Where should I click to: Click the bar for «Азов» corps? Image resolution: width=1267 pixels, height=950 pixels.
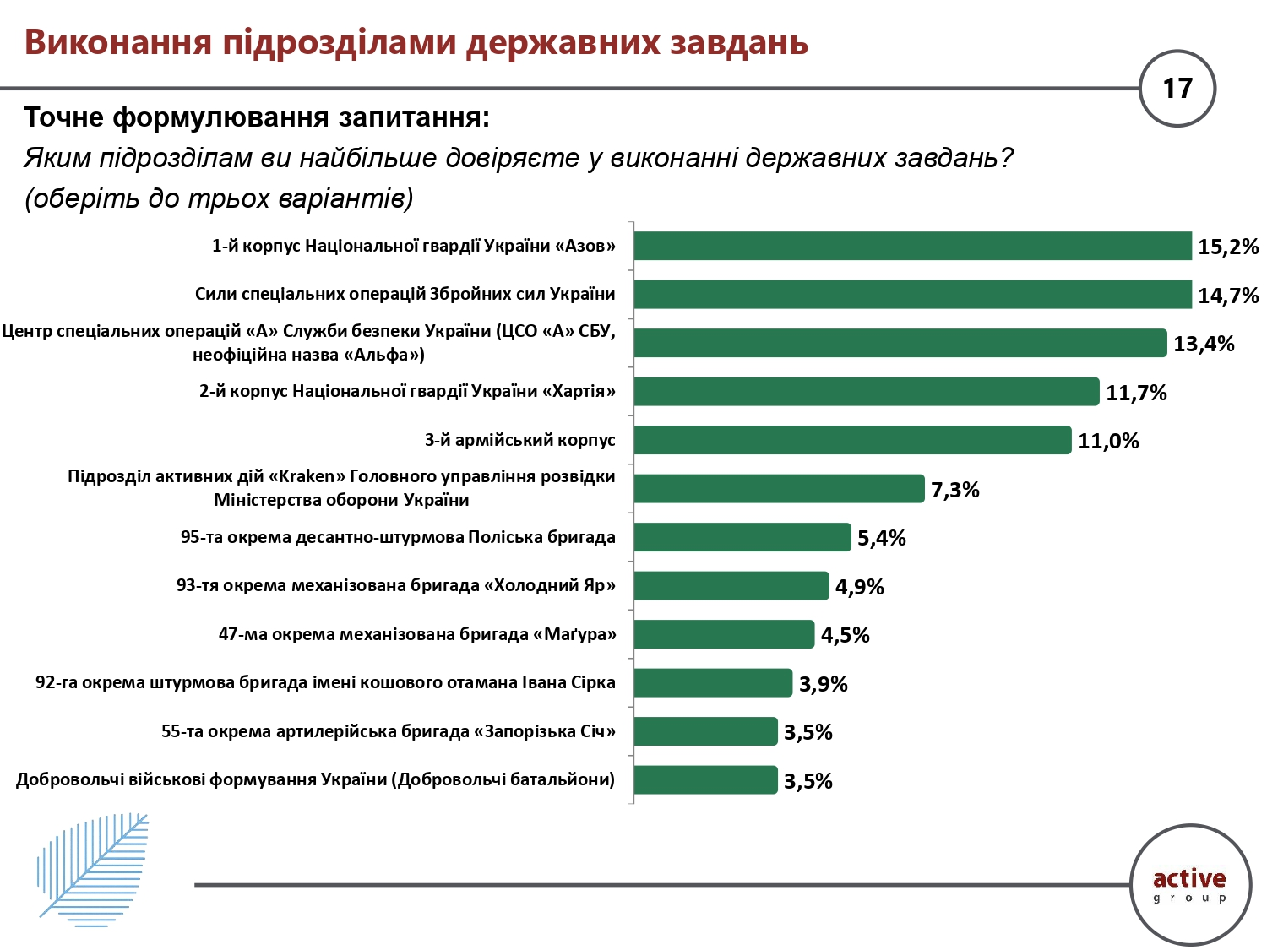tap(912, 246)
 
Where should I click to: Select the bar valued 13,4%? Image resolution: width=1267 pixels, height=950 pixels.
tap(900, 343)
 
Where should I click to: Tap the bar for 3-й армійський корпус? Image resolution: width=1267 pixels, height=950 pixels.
tap(852, 440)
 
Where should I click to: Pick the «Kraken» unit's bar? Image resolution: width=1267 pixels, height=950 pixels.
tap(779, 489)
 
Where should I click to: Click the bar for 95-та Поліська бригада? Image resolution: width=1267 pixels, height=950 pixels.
tap(742, 537)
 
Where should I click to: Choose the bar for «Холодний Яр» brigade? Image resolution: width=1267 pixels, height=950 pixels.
tap(731, 586)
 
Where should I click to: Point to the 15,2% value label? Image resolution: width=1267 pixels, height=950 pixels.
tap(1227, 247)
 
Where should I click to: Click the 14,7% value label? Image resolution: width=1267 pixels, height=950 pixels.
tap(1227, 296)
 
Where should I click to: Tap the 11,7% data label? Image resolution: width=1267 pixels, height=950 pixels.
tap(1136, 393)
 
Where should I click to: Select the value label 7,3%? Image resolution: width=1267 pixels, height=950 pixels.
tap(954, 490)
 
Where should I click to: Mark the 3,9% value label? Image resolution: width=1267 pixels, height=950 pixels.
tap(823, 684)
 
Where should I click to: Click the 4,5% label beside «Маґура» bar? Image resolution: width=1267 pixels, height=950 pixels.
tap(845, 635)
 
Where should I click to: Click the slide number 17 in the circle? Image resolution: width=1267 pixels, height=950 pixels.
tap(1177, 89)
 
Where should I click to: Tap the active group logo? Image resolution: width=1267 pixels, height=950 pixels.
tap(1190, 885)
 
